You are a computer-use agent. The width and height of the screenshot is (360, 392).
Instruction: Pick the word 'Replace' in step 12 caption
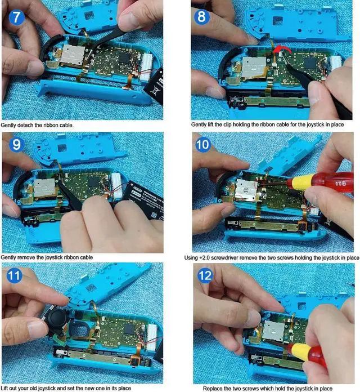pos(215,388)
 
